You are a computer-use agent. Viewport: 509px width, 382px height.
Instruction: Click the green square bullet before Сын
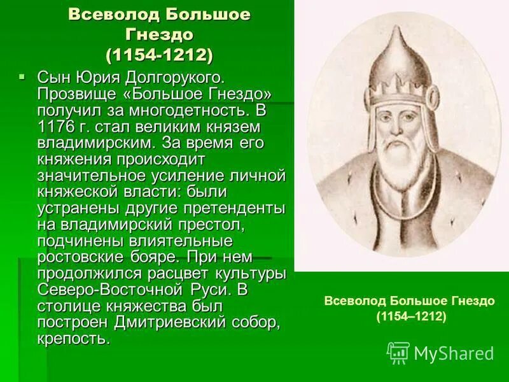click(22, 76)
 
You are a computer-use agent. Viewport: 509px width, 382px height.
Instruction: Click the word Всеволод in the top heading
click(104, 15)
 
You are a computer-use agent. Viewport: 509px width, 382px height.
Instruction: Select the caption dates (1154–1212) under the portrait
click(411, 316)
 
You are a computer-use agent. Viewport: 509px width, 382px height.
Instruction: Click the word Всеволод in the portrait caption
click(353, 300)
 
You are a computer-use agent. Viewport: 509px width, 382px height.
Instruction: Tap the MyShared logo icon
click(398, 352)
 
